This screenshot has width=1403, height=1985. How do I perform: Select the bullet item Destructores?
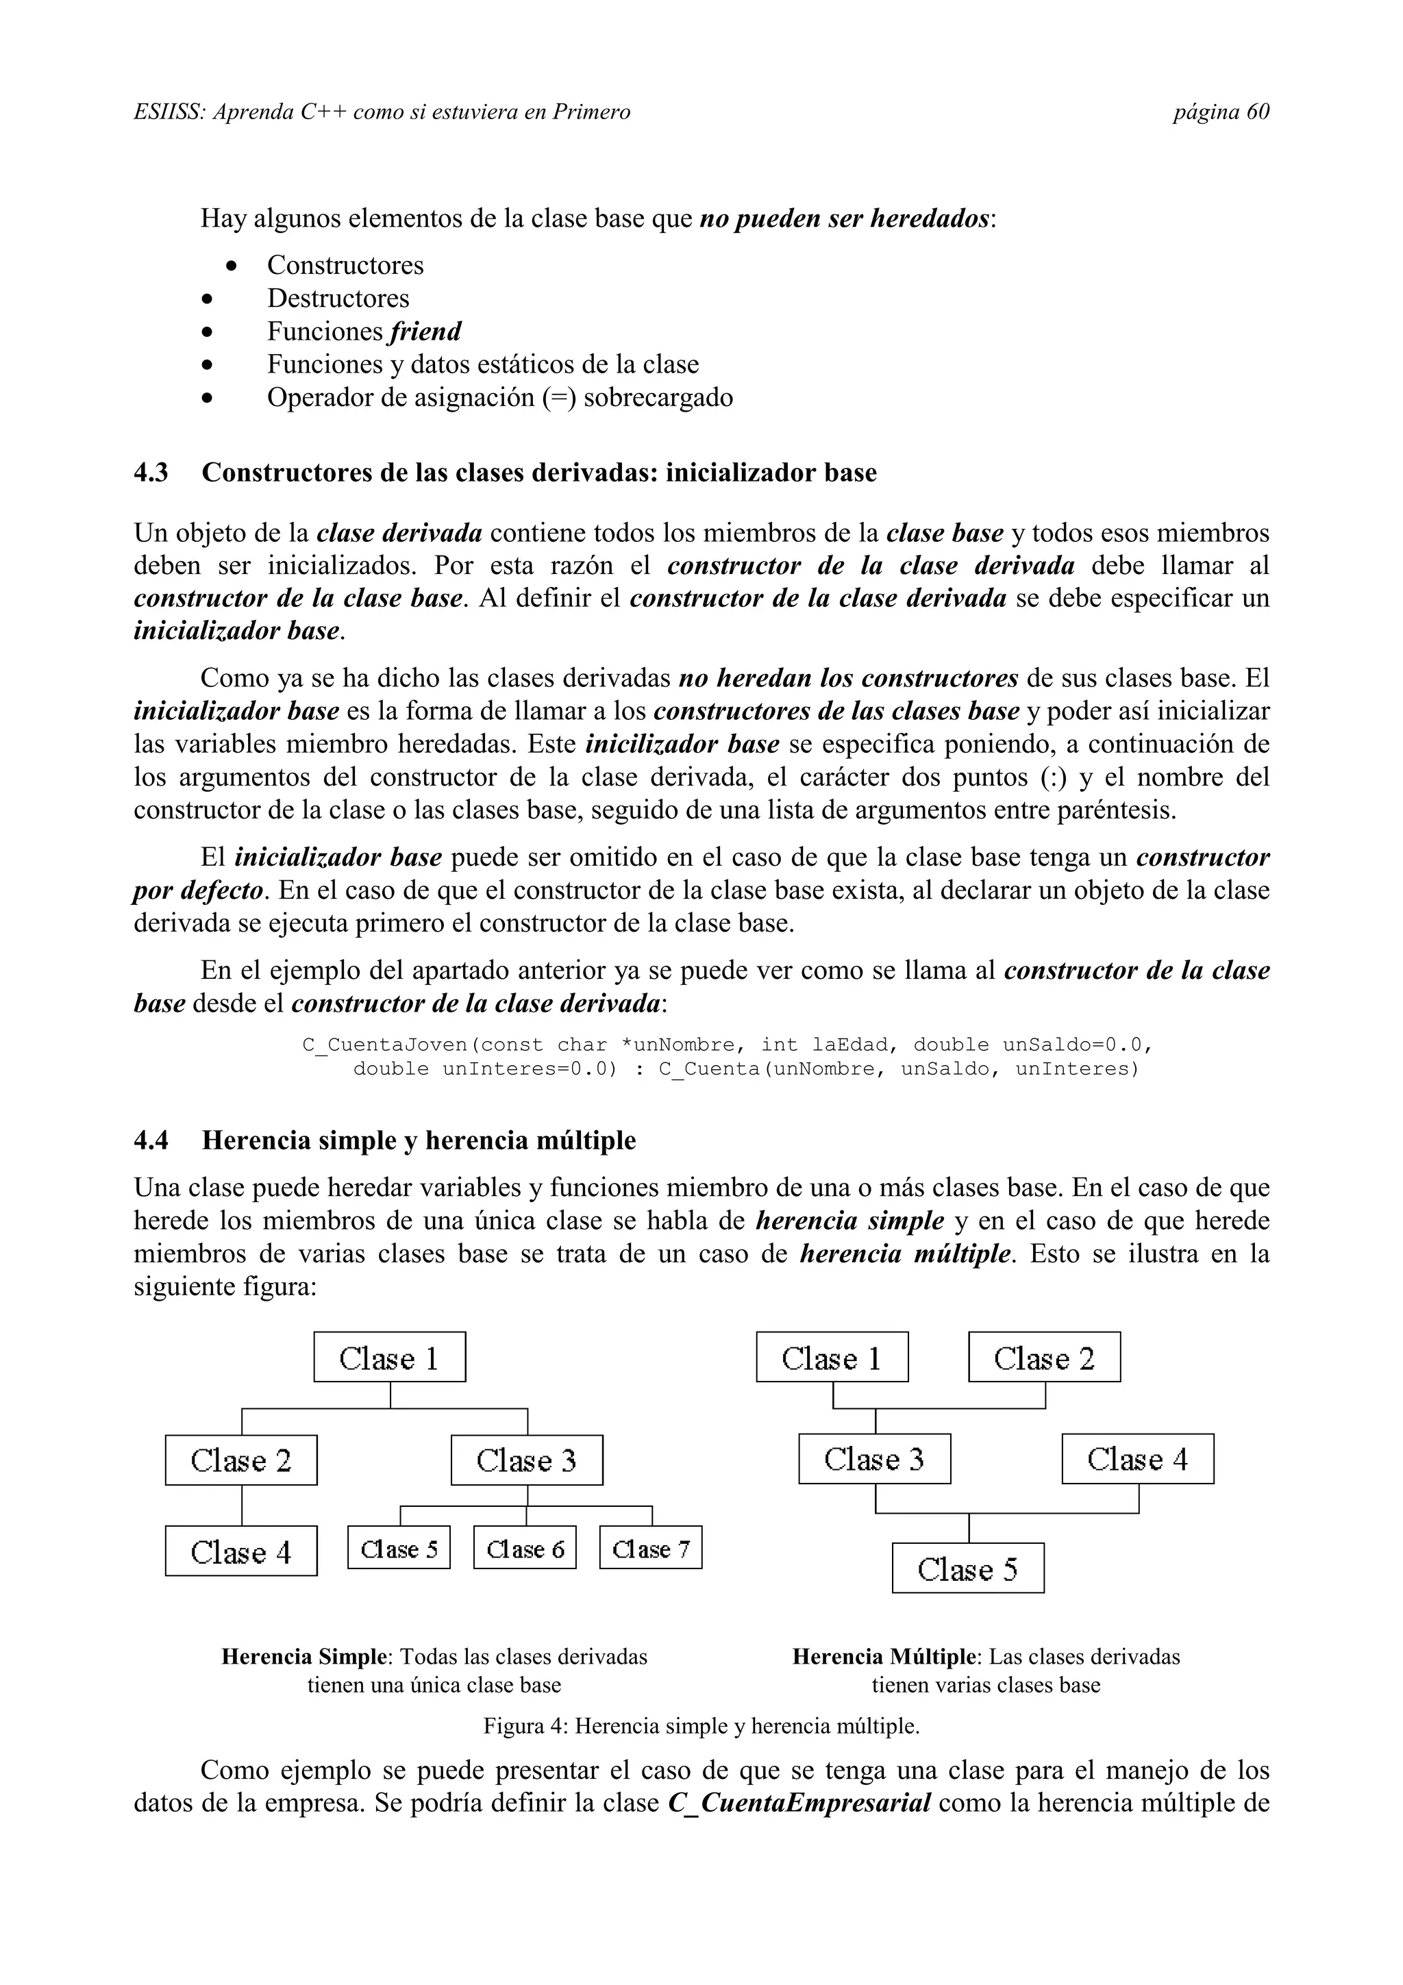337,298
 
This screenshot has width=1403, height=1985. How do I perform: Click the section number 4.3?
151,473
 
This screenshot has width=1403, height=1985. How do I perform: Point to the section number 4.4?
151,1140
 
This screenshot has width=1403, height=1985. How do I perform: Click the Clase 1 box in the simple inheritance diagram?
389,1358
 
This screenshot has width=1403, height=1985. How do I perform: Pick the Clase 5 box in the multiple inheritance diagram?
967,1569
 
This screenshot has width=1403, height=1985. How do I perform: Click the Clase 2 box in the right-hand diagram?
1043,1358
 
